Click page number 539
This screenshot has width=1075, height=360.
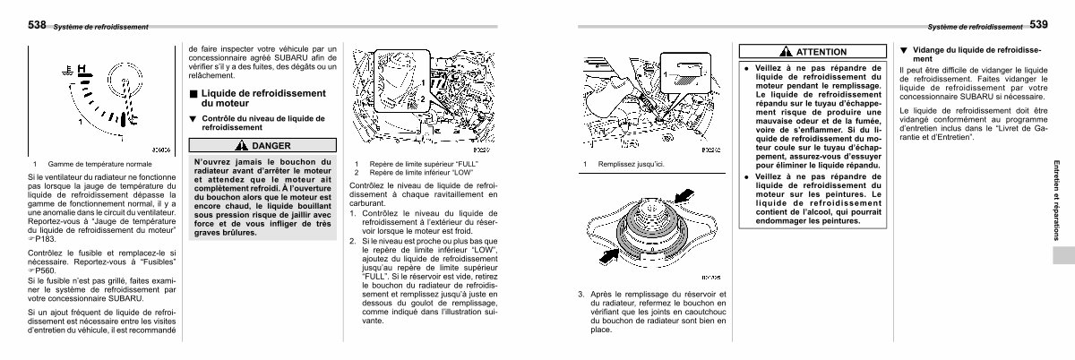[1039, 24]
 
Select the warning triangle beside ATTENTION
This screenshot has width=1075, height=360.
[785, 52]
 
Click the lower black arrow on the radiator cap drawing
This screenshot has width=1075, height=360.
[609, 256]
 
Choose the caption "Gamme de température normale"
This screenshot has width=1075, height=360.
[91, 164]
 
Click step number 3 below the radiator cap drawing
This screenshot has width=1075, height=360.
[581, 294]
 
